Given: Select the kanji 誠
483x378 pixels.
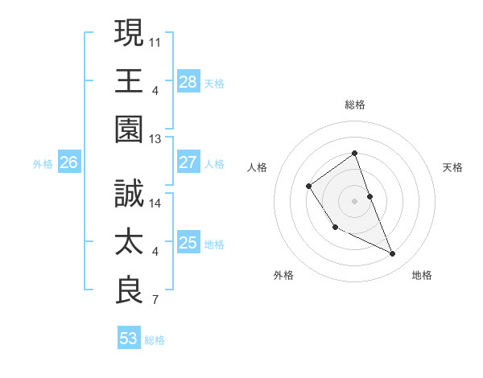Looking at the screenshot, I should point(129,195).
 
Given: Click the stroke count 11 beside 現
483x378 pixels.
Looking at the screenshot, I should point(155,41).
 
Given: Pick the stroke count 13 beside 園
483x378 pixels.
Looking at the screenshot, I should point(155,139).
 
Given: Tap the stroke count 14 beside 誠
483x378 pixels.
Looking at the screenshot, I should point(155,203).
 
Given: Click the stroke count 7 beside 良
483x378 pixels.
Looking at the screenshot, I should point(155,301).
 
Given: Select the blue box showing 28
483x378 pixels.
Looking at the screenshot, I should point(188,81).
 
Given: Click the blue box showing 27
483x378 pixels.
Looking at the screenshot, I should point(188,162).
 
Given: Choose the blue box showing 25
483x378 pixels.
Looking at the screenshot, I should point(188,243).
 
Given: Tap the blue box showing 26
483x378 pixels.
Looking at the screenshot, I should point(68,162).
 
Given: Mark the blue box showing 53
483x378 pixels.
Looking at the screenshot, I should point(129,339).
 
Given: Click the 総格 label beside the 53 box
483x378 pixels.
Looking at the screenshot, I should point(155,340).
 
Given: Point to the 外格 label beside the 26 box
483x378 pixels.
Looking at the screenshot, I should point(43,164).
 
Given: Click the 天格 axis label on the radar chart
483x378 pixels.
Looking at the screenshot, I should point(452,167).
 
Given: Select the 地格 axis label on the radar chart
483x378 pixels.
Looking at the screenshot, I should point(422,275).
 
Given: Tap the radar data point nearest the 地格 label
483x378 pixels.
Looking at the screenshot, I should point(393,254).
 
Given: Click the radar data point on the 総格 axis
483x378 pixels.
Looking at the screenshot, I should point(354,154).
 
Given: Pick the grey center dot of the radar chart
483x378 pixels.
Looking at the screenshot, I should point(354,199).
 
